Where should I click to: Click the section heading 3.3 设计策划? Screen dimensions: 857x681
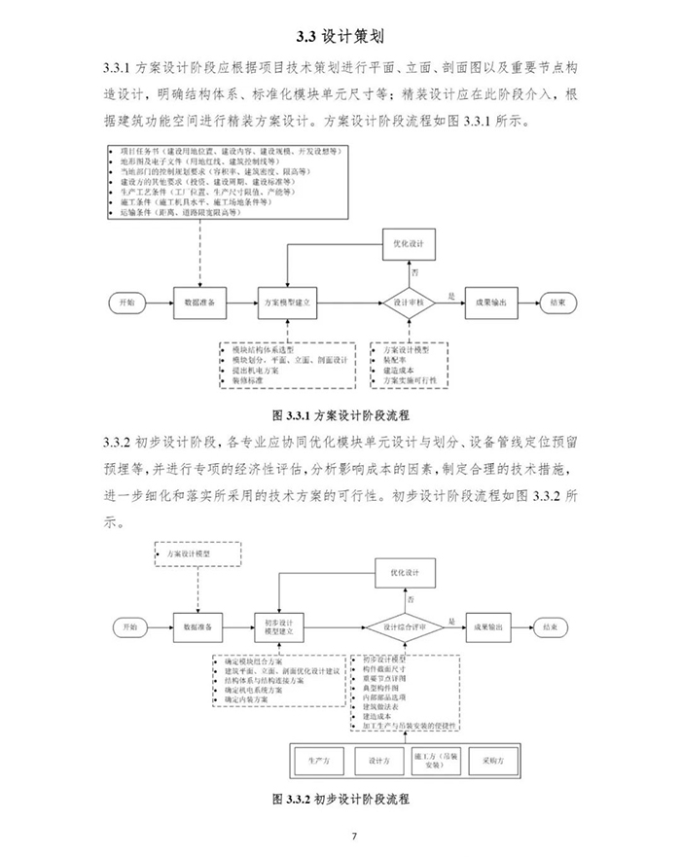(340, 37)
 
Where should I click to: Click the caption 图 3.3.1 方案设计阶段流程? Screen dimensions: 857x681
(340, 413)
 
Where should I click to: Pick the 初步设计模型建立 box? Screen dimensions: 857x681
(284, 626)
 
